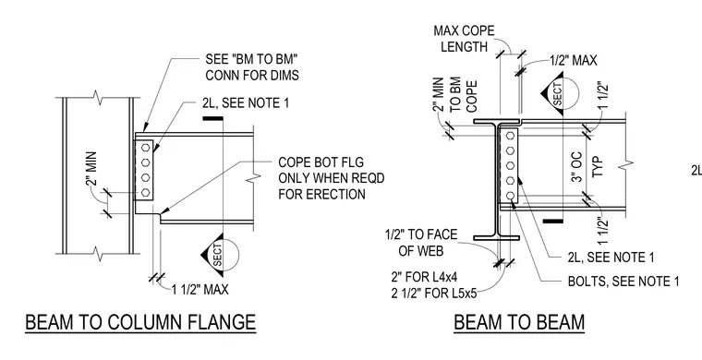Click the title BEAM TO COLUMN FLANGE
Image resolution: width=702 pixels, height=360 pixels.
pyautogui.click(x=140, y=322)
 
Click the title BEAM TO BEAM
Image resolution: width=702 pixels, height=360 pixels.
pyautogui.click(x=519, y=322)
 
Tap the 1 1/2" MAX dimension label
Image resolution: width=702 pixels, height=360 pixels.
pyautogui.click(x=200, y=290)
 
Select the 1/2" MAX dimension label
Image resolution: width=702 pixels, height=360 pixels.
pyautogui.click(x=574, y=60)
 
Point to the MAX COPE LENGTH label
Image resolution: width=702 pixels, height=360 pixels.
pyautogui.click(x=465, y=39)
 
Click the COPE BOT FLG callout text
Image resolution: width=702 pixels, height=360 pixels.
pyautogui.click(x=332, y=178)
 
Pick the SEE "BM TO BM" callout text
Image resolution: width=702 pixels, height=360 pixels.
pyautogui.click(x=252, y=67)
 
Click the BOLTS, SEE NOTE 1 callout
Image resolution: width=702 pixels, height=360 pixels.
pyautogui.click(x=623, y=282)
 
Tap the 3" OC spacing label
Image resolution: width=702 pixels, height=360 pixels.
pyautogui.click(x=576, y=167)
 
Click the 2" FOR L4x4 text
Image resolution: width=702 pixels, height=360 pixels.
pyautogui.click(x=424, y=277)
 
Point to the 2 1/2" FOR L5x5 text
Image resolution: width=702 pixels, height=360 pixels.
pyautogui.click(x=434, y=294)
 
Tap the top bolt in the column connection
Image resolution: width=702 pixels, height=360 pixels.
pyautogui.click(x=145, y=147)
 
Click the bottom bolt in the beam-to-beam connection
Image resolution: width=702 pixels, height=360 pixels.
pyautogui.click(x=510, y=196)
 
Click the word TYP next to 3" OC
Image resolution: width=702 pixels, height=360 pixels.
pyautogui.click(x=599, y=167)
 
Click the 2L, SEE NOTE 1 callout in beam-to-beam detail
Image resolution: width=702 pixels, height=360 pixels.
pyautogui.click(x=611, y=258)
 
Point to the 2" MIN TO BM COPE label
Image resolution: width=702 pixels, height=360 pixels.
pyautogui.click(x=455, y=95)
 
